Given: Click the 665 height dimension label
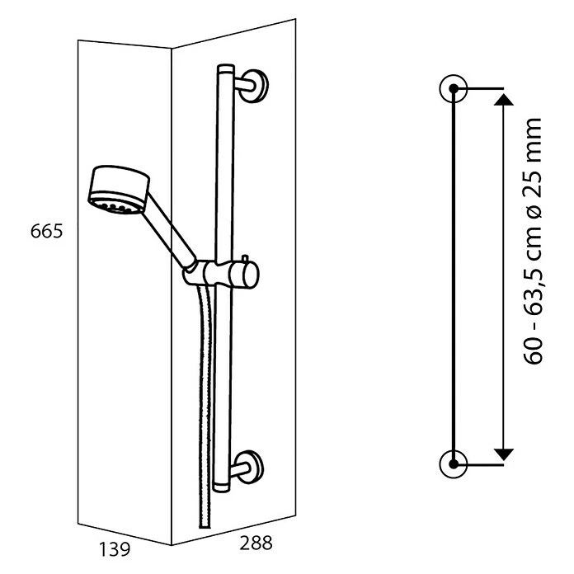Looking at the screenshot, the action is point(46,232).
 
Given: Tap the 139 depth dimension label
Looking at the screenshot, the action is point(115,549).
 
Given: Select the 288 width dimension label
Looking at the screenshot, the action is point(256,543).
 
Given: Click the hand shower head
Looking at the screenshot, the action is point(119,190).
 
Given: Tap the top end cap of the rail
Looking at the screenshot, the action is point(225,68).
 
